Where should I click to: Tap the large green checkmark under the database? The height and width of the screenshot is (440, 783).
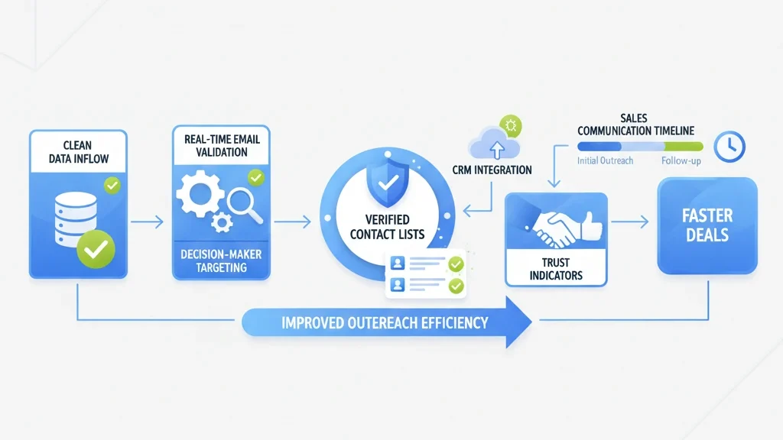[x=96, y=247]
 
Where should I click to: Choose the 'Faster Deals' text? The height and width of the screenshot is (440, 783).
[x=707, y=225]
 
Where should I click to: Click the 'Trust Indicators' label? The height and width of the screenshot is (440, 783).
[x=555, y=269]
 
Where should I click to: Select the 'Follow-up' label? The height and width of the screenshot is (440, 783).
[x=680, y=161]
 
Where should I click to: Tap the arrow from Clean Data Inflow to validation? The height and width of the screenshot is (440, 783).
[x=146, y=222]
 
